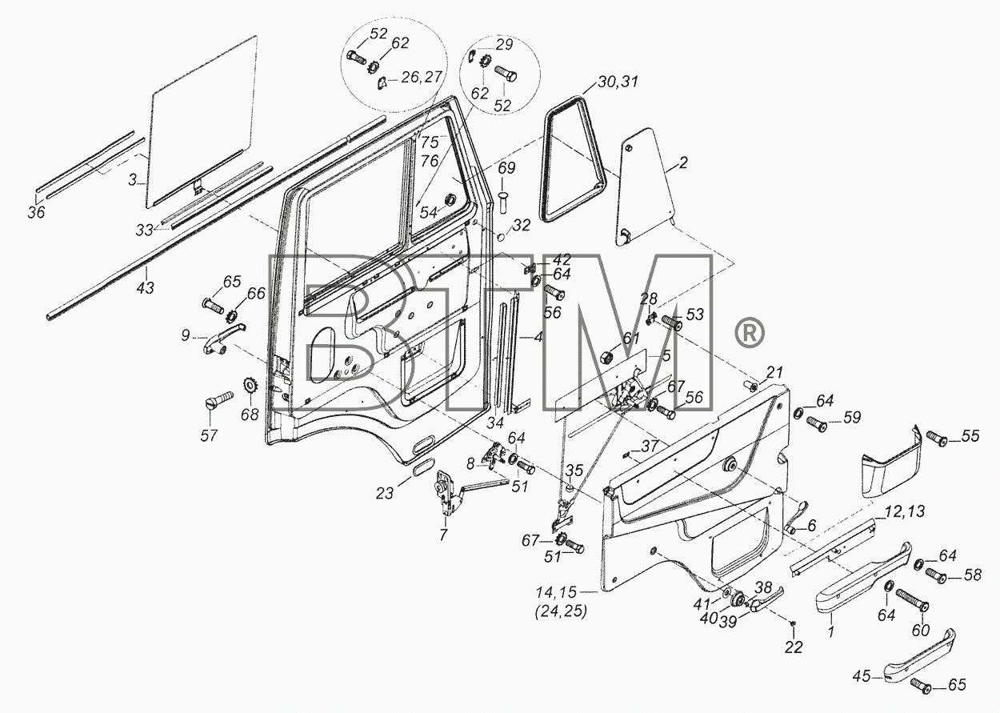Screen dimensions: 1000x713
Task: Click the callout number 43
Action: [145, 287]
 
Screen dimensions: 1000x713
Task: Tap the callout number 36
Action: [36, 212]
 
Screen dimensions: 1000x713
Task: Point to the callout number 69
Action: [506, 168]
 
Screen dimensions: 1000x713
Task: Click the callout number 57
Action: [209, 435]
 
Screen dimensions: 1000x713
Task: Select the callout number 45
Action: [861, 676]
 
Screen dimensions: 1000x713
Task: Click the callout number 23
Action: [385, 493]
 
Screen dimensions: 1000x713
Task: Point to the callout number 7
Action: [443, 535]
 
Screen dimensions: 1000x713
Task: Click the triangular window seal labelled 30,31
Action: [573, 158]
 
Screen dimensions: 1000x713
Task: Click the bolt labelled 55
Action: [937, 438]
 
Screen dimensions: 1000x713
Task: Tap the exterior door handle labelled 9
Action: [225, 338]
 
